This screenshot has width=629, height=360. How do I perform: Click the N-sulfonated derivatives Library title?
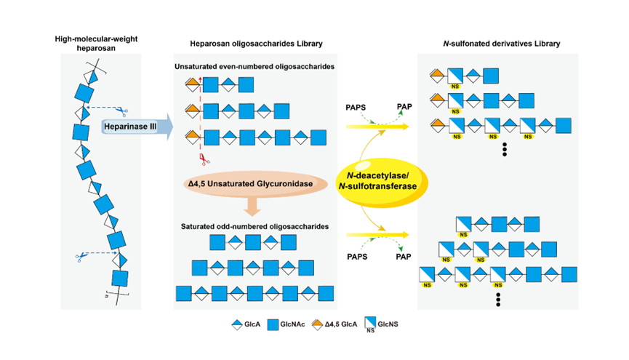[502, 44]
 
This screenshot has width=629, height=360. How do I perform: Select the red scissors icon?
[204, 159]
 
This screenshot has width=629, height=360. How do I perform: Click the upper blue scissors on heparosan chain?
[122, 111]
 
